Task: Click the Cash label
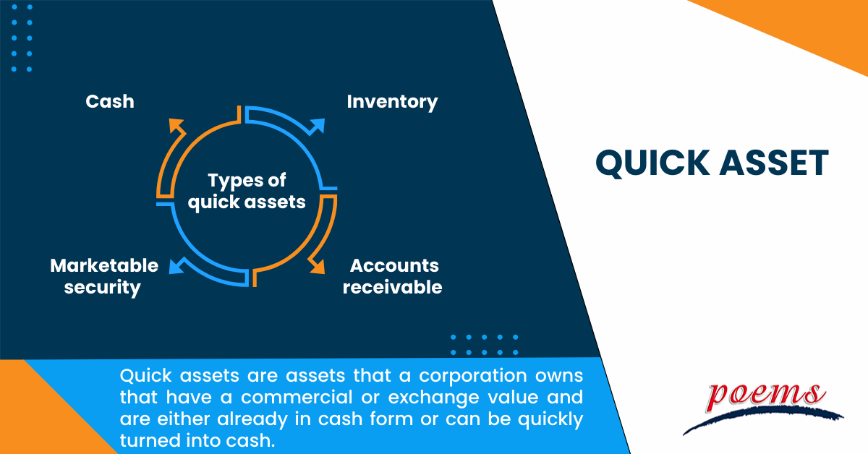tap(110, 101)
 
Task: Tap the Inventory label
tap(392, 102)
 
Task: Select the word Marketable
tap(104, 266)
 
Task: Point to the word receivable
tap(393, 288)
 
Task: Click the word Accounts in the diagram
tap(394, 266)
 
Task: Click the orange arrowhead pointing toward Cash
tap(176, 126)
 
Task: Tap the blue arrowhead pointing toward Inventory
tap(317, 127)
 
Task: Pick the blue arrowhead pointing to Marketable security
tap(176, 266)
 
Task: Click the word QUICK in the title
tap(652, 163)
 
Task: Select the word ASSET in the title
tap(774, 163)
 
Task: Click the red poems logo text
tap(765, 396)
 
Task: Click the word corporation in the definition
tap(473, 376)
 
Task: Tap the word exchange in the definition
tap(433, 398)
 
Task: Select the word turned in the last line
tap(149, 441)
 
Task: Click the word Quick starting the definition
tap(145, 375)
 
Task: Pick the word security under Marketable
tap(103, 288)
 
